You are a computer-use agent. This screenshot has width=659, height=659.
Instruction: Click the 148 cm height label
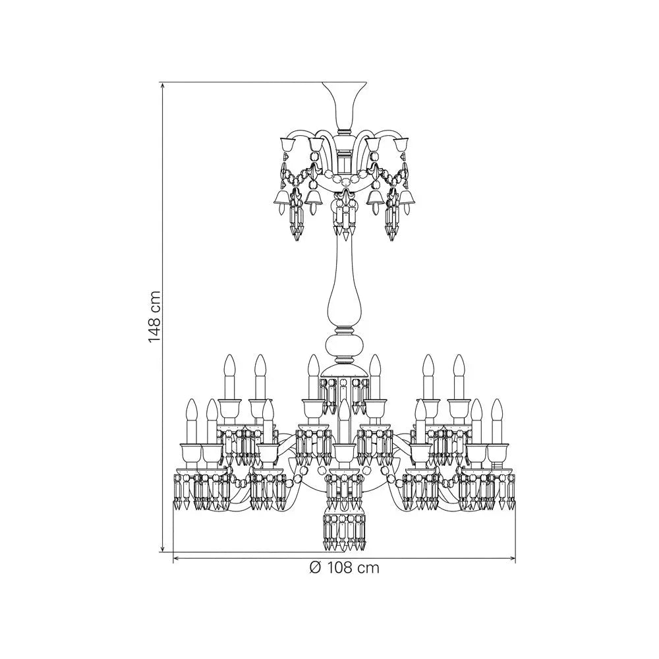point(155,316)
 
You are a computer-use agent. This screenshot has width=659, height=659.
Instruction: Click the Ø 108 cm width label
point(344,568)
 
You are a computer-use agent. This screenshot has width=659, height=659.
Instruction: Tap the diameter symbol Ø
point(315,568)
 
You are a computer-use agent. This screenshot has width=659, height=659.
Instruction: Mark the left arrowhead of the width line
point(177,559)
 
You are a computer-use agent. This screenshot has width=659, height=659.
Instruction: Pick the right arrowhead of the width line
point(511,559)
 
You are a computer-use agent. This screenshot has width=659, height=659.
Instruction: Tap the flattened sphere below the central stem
point(344,344)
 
